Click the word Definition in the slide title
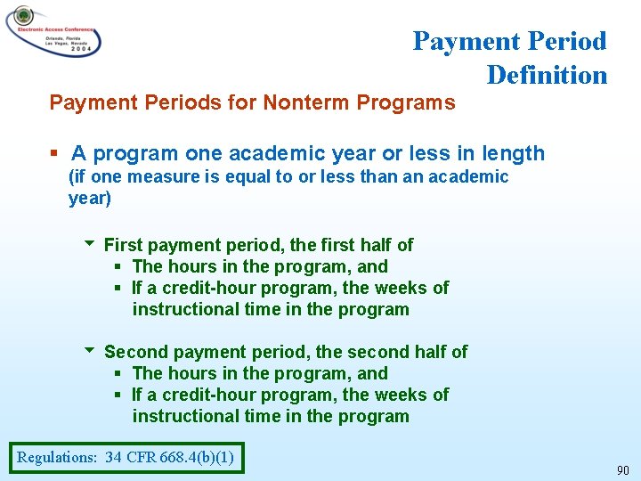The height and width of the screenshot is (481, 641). tap(547, 75)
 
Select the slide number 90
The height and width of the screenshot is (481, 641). tap(623, 469)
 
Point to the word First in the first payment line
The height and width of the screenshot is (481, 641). tap(122, 245)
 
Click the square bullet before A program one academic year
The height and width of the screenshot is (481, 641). tap(56, 153)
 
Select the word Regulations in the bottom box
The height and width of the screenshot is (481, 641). tap(56, 458)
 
